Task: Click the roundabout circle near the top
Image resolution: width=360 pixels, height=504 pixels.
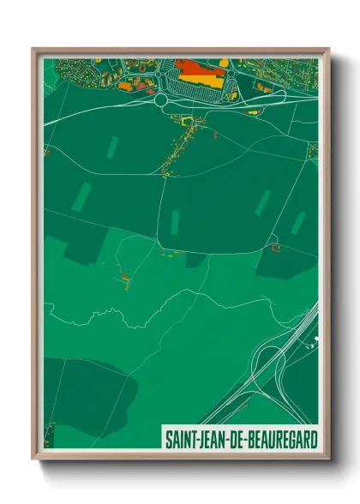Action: coord(160,100)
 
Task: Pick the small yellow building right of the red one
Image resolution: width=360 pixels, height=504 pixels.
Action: coord(225,63)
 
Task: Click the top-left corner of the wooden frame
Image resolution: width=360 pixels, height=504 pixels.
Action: coord(33,49)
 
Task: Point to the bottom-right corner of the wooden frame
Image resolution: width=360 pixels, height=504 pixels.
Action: coord(328,458)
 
